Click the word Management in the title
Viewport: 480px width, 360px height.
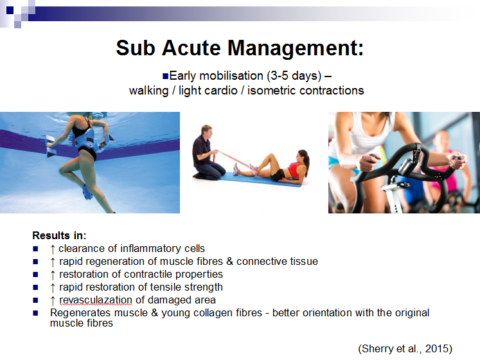click(296, 48)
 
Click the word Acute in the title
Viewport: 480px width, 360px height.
click(191, 48)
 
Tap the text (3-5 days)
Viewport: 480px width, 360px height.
click(294, 76)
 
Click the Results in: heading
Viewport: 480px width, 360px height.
click(59, 235)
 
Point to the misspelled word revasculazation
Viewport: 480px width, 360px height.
click(96, 300)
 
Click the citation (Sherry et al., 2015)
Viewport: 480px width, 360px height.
click(405, 348)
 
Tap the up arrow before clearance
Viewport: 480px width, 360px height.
click(53, 249)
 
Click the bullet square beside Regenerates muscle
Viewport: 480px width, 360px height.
click(35, 313)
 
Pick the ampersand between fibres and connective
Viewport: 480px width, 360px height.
click(229, 262)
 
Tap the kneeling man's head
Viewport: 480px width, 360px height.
click(207, 131)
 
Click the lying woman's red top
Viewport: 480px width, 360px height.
click(296, 170)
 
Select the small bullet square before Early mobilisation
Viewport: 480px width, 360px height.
click(165, 76)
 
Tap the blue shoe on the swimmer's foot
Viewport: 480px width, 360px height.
click(87, 192)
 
